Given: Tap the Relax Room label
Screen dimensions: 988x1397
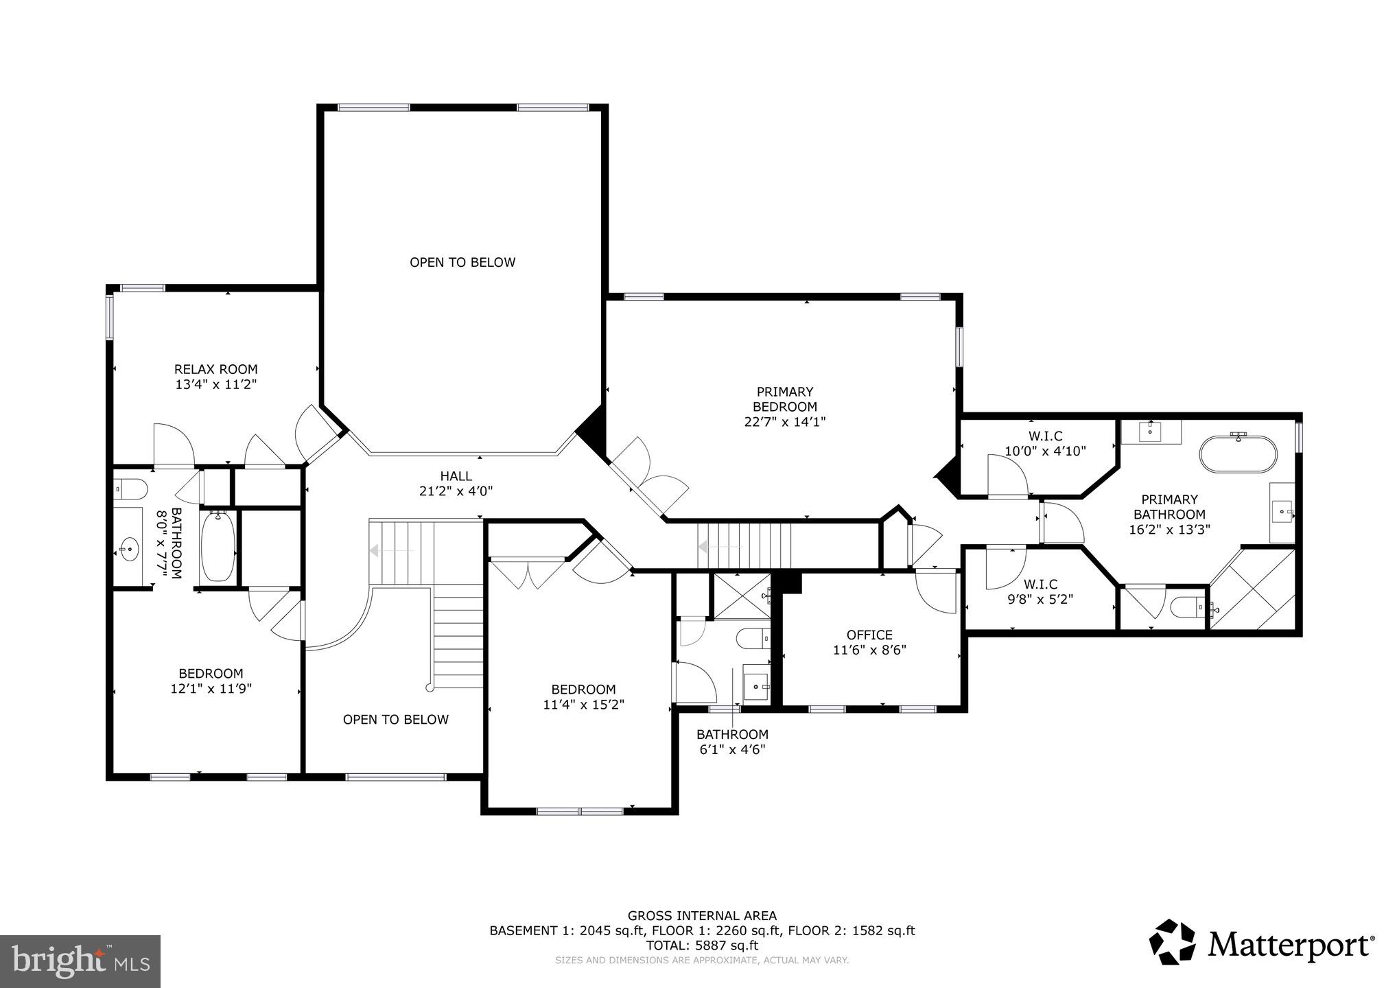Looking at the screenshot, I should coord(215,369).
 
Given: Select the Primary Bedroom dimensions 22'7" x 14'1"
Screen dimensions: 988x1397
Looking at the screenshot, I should coord(784,421).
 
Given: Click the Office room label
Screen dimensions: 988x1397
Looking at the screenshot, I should coord(869,635).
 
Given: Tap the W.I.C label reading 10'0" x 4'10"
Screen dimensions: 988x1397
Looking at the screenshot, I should coord(1044,444).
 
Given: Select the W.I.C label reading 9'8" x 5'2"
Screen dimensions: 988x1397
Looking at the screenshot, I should coord(1040,591).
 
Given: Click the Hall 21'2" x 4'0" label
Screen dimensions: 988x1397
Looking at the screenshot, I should coord(456,483).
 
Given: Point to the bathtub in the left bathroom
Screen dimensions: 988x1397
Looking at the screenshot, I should coord(218,545).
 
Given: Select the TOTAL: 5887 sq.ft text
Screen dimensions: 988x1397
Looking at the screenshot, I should coord(701,945).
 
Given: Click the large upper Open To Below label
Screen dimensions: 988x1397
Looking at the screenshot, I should coord(462,262).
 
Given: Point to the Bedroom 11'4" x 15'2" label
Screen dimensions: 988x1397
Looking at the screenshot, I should coord(583,696).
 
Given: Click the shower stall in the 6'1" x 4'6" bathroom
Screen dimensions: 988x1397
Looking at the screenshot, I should coord(741,596).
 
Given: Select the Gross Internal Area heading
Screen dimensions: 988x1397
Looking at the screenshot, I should coord(701,915).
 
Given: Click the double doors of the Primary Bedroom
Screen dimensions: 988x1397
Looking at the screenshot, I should coord(648,477).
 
